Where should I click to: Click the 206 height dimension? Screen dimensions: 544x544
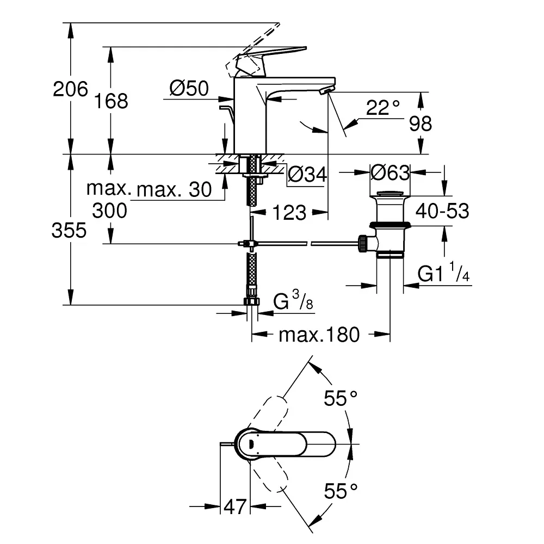tap(70, 89)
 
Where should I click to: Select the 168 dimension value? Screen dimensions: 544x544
tap(111, 101)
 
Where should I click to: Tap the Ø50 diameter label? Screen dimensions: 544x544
tap(189, 89)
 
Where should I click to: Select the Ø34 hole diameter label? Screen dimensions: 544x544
tap(307, 174)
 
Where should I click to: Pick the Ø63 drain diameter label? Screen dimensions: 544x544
tap(390, 173)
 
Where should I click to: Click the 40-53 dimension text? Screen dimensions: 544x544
tap(443, 211)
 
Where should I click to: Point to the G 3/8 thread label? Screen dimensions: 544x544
tap(294, 301)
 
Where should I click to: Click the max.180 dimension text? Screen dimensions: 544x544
tap(319, 335)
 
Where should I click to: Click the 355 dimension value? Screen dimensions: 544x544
tap(69, 231)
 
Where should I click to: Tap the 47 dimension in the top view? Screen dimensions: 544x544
tap(235, 506)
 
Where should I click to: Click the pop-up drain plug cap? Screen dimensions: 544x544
tap(390, 193)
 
